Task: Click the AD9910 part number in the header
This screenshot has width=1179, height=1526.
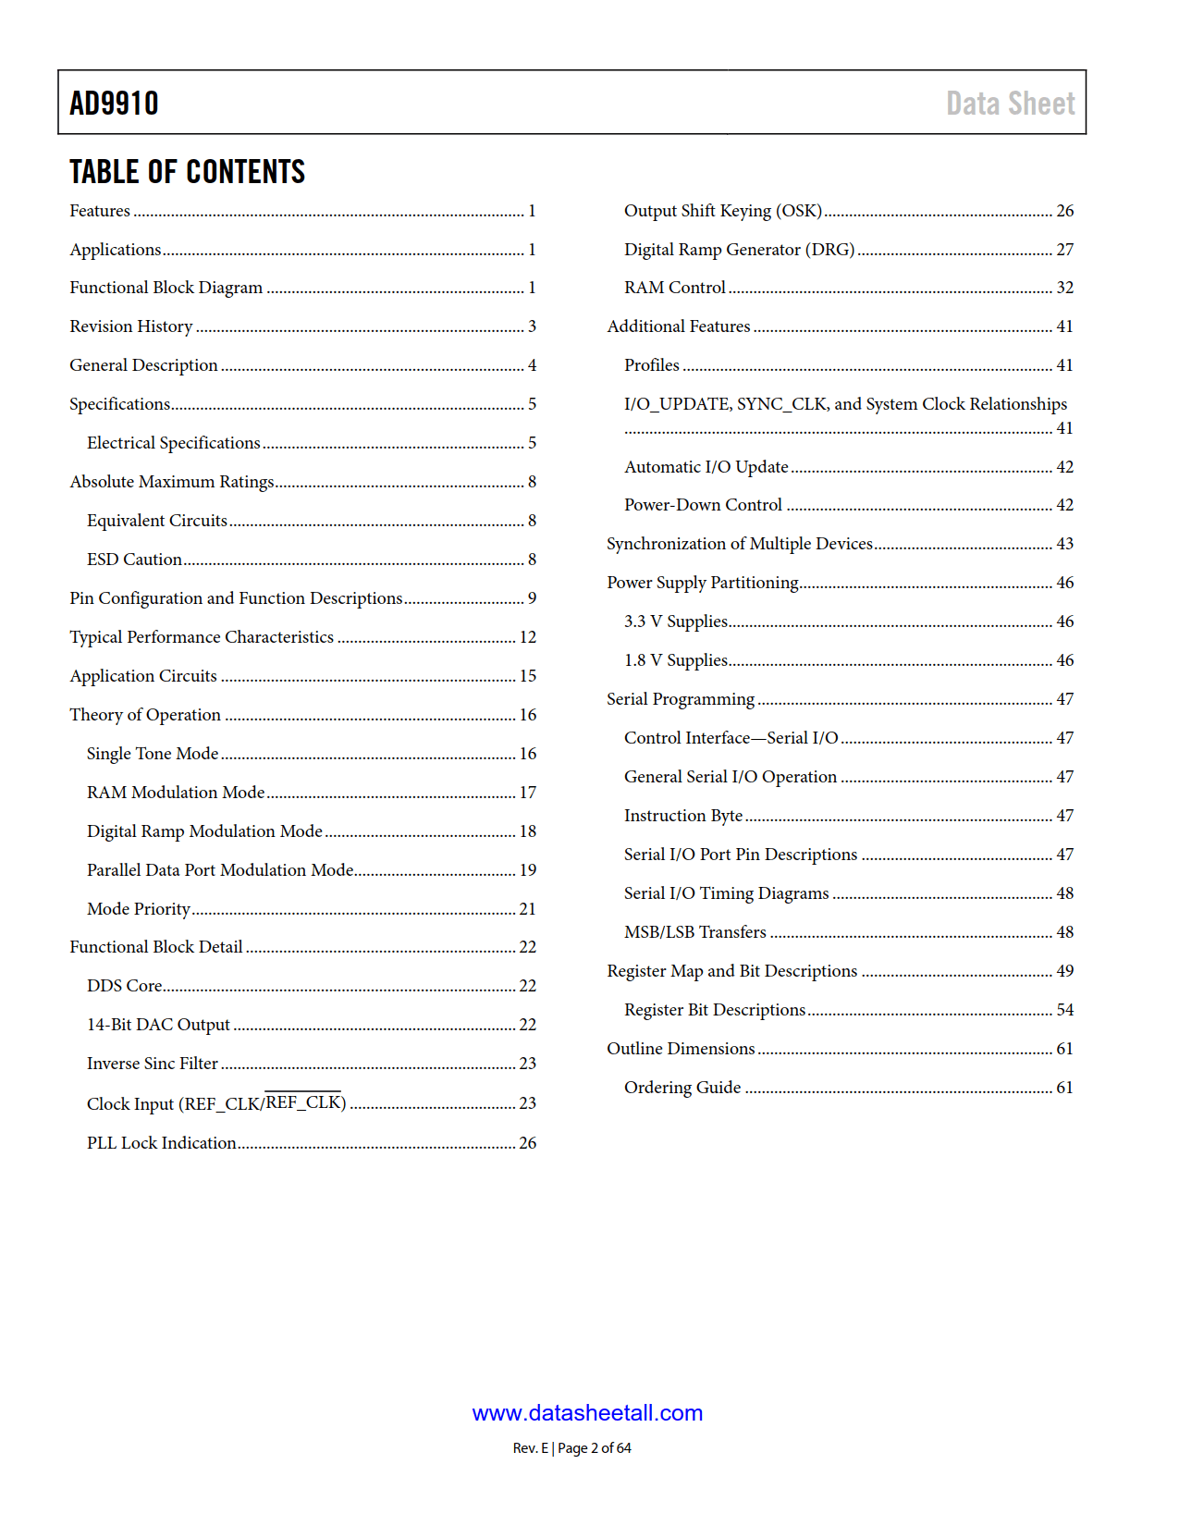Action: pyautogui.click(x=114, y=104)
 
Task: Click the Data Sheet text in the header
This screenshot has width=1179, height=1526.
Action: pyautogui.click(x=1010, y=104)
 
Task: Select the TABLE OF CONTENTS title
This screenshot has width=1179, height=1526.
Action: pyautogui.click(x=187, y=172)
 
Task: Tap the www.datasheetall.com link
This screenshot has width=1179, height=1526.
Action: pyautogui.click(x=587, y=1413)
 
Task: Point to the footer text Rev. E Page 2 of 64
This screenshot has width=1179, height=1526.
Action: pyautogui.click(x=571, y=1448)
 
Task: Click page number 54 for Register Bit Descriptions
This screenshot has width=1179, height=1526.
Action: pyautogui.click(x=1065, y=1010)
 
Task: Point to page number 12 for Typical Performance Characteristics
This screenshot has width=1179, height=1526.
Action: pyautogui.click(x=528, y=637)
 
